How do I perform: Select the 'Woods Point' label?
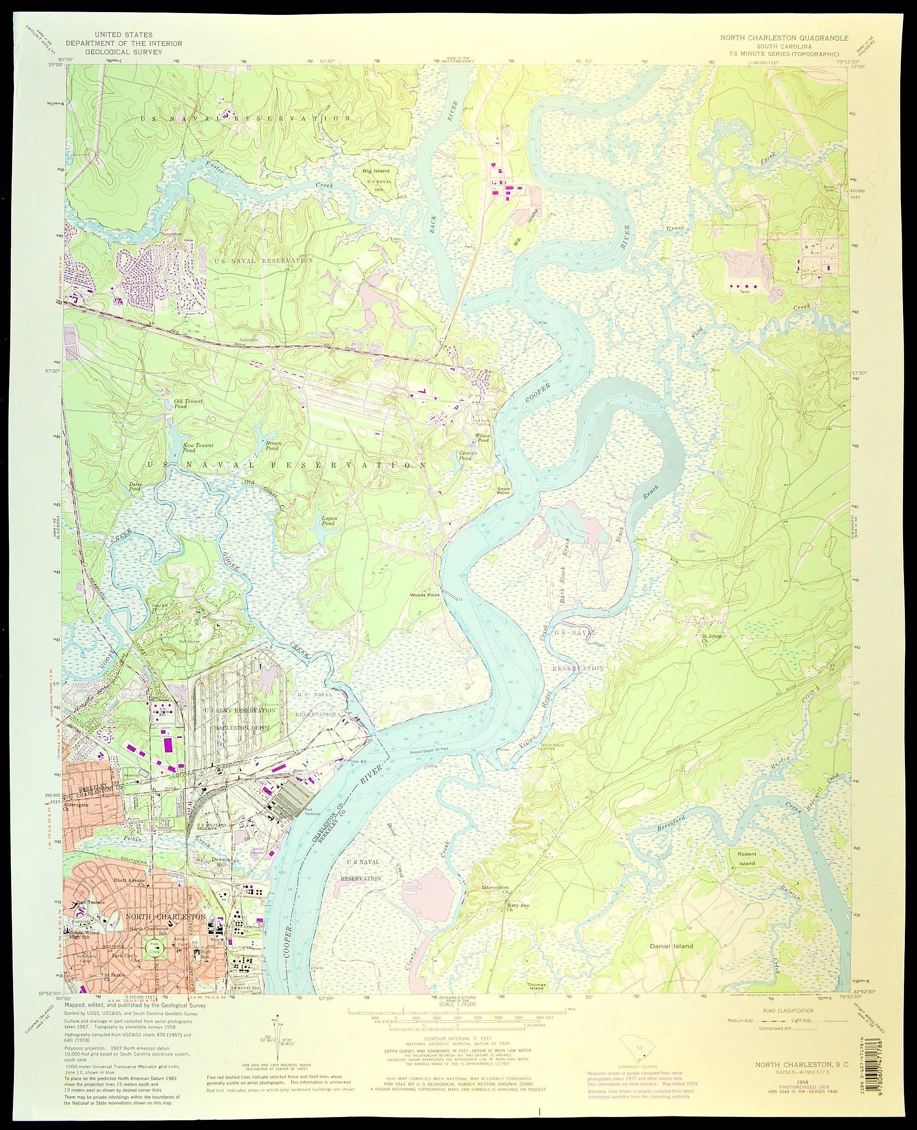coord(425,595)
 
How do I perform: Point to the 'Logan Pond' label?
coord(329,521)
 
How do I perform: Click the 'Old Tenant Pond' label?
coord(188,404)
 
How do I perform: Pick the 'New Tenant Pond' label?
coord(198,448)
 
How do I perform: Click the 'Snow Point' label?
coord(503,491)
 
